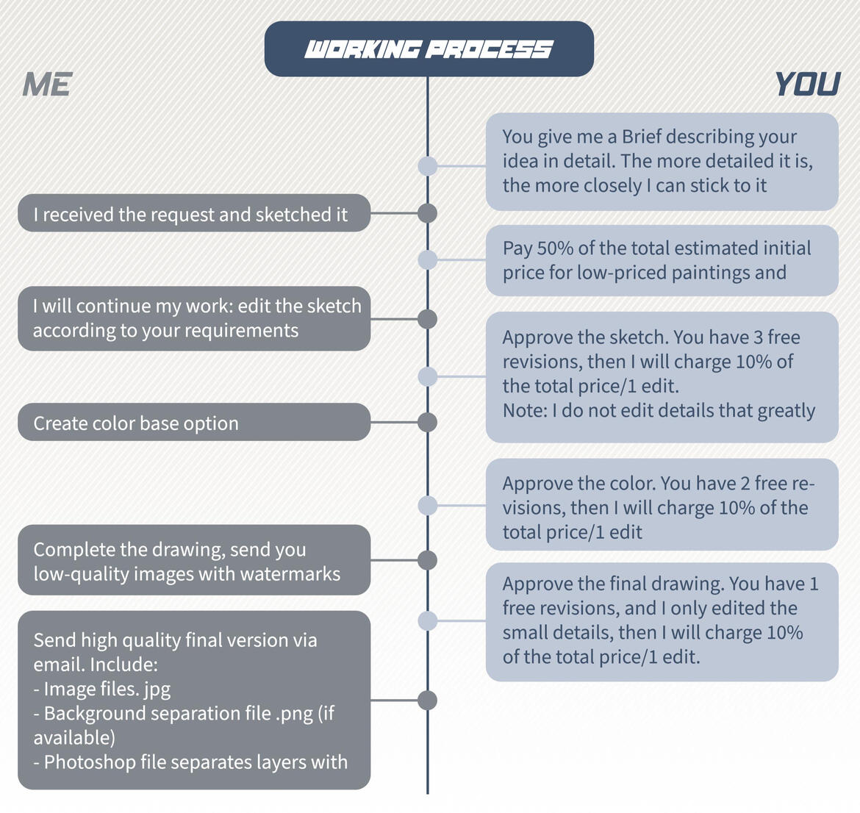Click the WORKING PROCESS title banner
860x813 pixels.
(x=429, y=49)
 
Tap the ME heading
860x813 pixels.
(x=47, y=85)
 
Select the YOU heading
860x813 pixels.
(x=807, y=85)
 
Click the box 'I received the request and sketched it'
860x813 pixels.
(x=194, y=213)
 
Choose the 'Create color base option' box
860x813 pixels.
(x=194, y=422)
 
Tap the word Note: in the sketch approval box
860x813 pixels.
(x=525, y=410)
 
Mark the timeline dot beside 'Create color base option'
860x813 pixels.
(x=427, y=423)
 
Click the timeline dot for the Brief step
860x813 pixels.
(x=428, y=165)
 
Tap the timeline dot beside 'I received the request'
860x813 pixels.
(x=427, y=213)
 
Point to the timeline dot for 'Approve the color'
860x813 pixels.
(x=428, y=505)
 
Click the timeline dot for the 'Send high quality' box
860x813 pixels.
(x=427, y=701)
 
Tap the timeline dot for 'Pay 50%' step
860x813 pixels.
(x=428, y=259)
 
